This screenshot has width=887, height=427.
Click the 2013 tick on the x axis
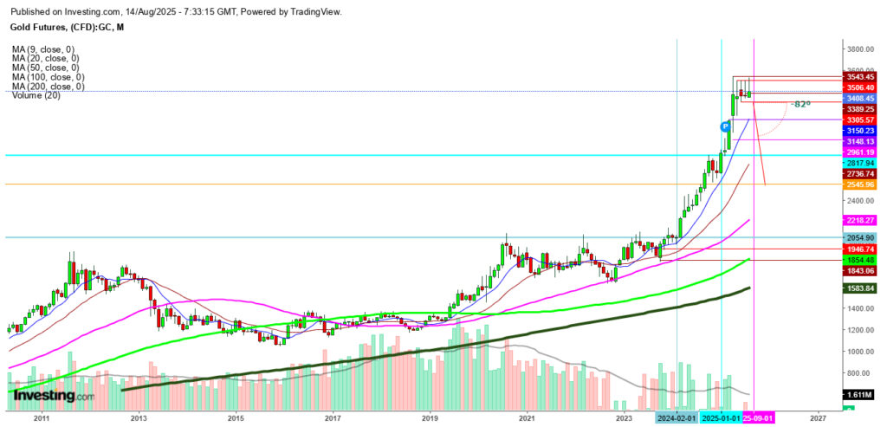[x=138, y=417]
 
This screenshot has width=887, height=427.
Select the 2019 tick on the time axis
[x=431, y=417]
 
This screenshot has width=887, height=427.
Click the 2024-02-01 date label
[x=677, y=417]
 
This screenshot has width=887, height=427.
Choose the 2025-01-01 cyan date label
[x=721, y=417]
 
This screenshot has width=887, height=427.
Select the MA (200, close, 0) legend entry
[x=48, y=87]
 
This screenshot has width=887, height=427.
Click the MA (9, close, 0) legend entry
[x=42, y=49]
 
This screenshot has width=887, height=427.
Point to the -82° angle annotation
[x=799, y=104]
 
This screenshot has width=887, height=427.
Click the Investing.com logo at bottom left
[x=54, y=396]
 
